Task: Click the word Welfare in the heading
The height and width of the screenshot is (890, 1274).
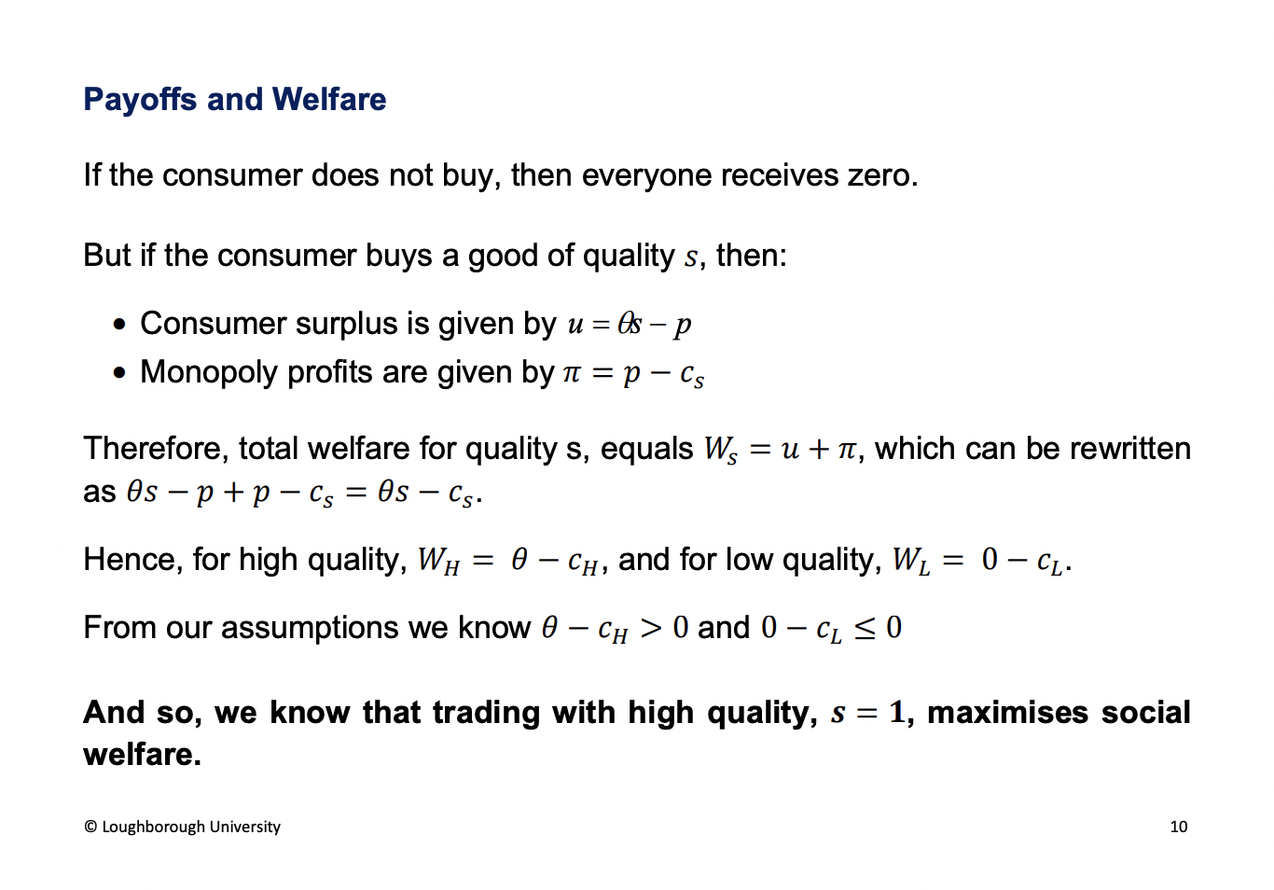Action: [x=329, y=99]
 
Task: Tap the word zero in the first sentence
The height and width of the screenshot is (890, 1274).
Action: [x=881, y=175]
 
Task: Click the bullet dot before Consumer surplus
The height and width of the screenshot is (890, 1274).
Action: [x=118, y=325]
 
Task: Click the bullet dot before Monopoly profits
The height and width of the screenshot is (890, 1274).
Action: [x=118, y=373]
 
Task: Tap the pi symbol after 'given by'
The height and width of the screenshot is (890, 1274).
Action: [x=572, y=373]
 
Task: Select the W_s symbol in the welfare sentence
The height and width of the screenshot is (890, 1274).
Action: [x=720, y=451]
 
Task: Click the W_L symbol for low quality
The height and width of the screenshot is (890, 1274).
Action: [x=911, y=561]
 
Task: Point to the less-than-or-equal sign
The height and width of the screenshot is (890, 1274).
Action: [x=865, y=629]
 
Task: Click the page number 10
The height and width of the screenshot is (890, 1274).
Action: [x=1179, y=827]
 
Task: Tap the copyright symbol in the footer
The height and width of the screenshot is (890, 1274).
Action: [x=90, y=827]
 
